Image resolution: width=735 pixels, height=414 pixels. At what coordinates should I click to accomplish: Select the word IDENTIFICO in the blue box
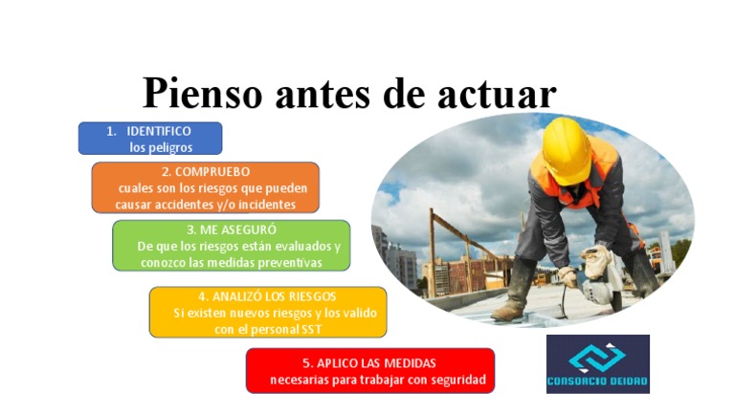point(159,131)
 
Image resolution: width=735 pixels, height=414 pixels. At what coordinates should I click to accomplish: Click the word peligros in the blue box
point(173,147)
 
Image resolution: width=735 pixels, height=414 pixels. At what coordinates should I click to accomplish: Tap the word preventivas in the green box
point(288,262)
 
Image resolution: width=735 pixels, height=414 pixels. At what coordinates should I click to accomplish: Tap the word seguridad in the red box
point(457,380)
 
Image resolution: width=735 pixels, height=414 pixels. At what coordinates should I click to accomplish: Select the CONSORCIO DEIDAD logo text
point(597,381)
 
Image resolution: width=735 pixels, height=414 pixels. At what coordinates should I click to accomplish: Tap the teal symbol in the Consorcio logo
point(597,357)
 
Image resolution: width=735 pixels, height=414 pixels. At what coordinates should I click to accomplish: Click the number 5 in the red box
point(307,363)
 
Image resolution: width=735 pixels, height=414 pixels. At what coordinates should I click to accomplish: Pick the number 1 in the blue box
point(110,131)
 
